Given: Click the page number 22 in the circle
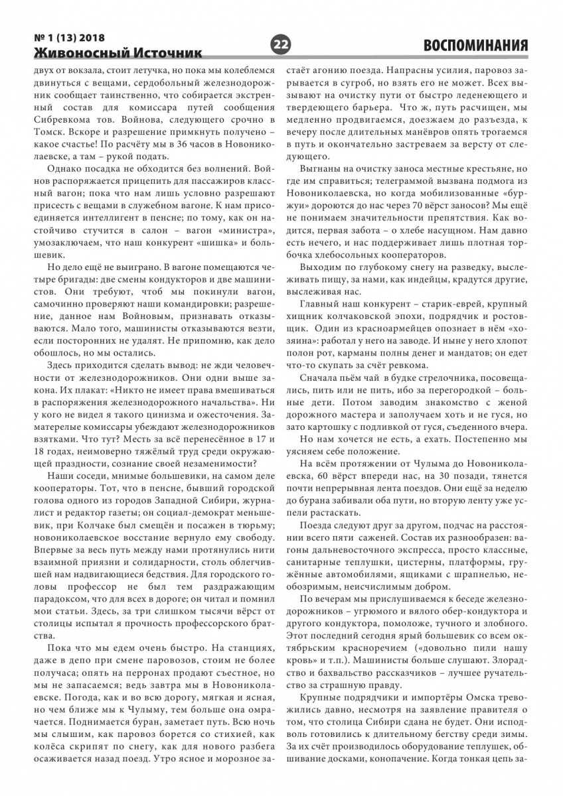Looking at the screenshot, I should [x=281, y=44].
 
